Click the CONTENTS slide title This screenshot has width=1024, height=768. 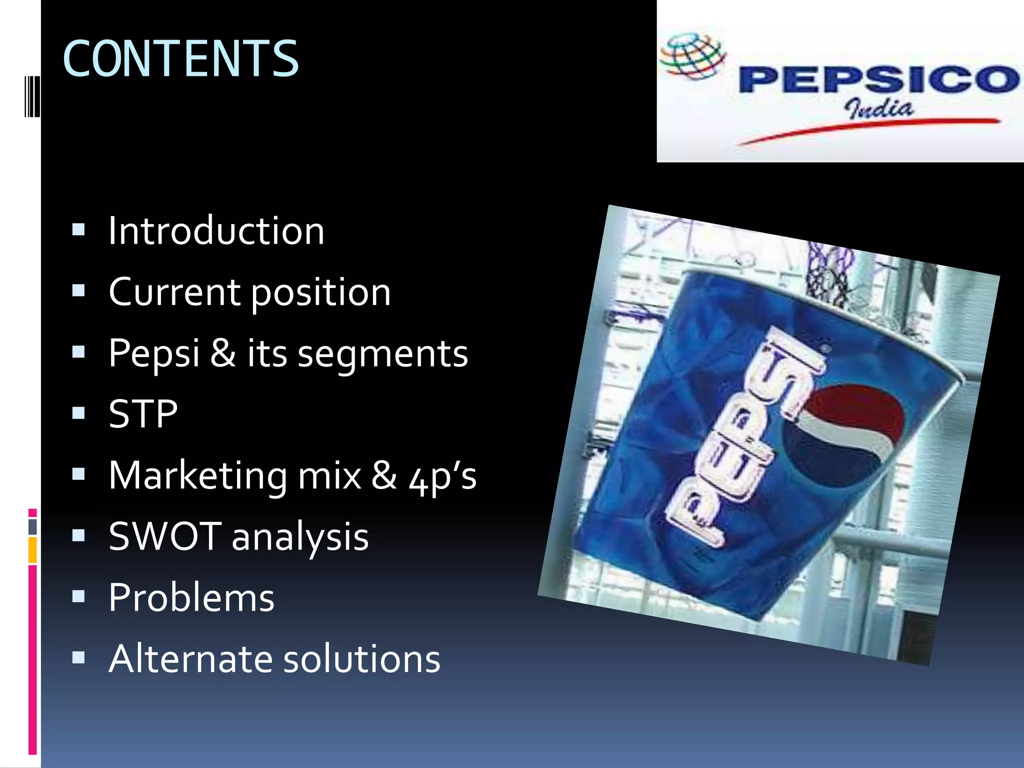click(180, 59)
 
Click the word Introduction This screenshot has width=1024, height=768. click(216, 231)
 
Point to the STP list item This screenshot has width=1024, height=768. click(143, 414)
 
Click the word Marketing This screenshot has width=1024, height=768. click(198, 475)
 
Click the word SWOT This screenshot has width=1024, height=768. click(165, 536)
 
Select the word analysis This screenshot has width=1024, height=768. click(300, 537)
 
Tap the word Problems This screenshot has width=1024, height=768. click(191, 597)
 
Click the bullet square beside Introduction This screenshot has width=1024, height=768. click(78, 229)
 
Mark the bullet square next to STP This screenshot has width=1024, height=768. click(78, 413)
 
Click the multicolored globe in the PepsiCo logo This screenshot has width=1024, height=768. click(692, 56)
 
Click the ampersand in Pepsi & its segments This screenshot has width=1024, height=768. click(223, 353)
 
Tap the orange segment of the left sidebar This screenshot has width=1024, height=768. click(32, 550)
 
